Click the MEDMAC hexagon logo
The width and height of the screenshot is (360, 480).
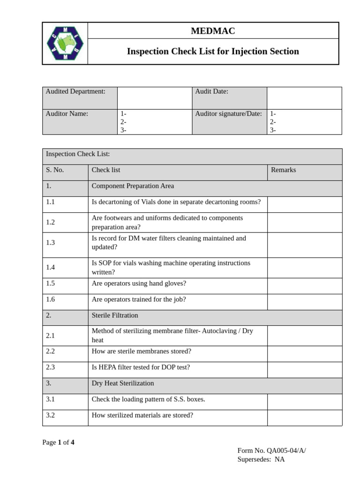[x=65, y=43]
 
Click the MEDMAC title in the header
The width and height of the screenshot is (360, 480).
[x=213, y=31]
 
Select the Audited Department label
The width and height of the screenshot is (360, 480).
[x=75, y=91]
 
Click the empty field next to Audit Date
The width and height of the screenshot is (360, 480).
[x=304, y=98]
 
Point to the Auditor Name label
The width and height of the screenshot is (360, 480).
[x=67, y=113]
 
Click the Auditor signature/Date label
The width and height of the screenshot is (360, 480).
[x=228, y=113]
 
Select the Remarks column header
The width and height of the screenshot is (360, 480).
[x=284, y=170]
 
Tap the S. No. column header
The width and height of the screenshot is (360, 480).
[x=55, y=170]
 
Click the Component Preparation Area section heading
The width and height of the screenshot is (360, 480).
[x=133, y=186]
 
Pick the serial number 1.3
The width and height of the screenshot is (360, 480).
[x=51, y=242]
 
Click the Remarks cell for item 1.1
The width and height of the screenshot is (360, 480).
[x=305, y=204]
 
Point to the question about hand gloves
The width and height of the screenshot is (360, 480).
[x=139, y=284]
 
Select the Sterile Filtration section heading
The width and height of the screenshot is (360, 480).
[x=115, y=315]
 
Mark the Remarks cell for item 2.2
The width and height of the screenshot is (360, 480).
[x=305, y=354]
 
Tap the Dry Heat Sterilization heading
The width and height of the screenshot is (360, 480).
[x=123, y=383]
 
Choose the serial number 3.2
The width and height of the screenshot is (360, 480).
[x=51, y=415]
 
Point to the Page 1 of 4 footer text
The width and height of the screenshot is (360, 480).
[x=58, y=442]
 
